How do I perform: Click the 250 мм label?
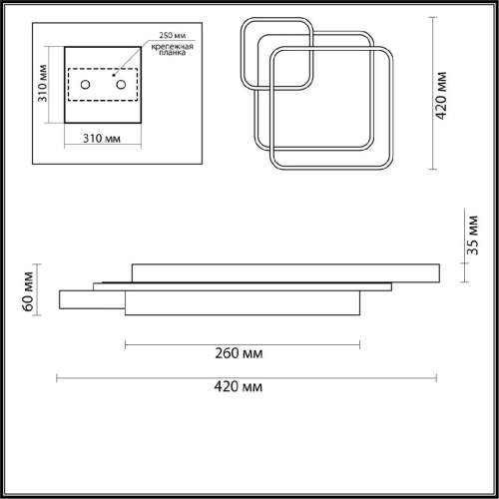pos(172,35)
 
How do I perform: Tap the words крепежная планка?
pos(172,50)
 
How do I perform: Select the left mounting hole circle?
pos(86,85)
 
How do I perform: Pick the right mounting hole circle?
pos(121,85)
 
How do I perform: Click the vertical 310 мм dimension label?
pos(43,83)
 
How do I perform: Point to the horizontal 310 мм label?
pos(102,139)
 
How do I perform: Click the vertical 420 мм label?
pos(441,95)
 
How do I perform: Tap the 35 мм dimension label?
pos(472,236)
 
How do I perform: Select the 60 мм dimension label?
pos(28,291)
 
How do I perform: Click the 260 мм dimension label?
pos(239,353)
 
